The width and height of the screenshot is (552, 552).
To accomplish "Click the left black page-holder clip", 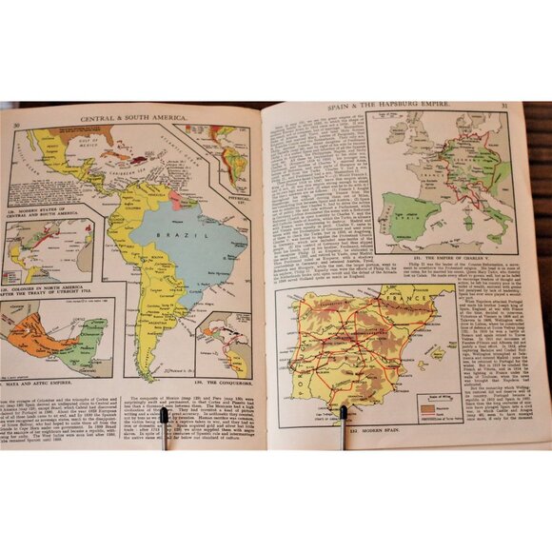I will pos(164,426).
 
